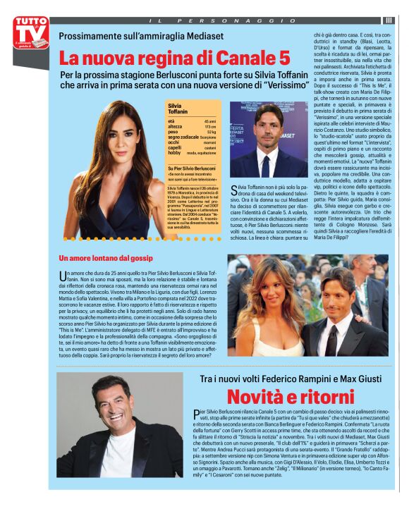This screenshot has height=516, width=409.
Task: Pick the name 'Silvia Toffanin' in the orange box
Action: (x=179, y=109)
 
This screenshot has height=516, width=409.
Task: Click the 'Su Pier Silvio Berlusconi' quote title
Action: (x=192, y=168)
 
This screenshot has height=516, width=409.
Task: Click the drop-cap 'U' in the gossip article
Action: (x=63, y=274)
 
